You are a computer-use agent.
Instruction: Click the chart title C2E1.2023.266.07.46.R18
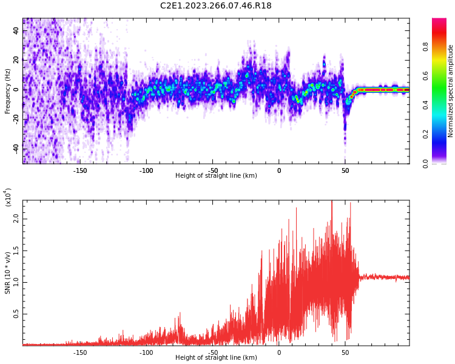coord(216,6)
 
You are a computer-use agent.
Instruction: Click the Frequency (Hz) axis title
coord(8,91)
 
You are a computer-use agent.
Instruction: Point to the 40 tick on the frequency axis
coord(16,30)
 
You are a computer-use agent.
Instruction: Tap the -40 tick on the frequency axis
coord(16,148)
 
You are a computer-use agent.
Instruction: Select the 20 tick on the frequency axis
coord(16,60)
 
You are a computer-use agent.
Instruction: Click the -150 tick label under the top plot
coord(80,170)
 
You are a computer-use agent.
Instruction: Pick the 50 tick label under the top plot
coord(345,170)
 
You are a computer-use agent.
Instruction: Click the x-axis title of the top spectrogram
coord(216,176)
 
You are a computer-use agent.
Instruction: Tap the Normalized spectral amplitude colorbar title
coord(451,91)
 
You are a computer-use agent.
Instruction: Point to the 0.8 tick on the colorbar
coord(442,46)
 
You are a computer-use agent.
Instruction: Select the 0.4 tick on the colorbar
coord(442,105)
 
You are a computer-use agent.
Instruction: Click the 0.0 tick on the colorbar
coord(442,163)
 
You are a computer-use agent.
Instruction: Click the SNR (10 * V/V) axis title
coord(8,272)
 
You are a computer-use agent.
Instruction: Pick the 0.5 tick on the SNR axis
coord(16,314)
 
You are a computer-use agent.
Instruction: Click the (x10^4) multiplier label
coord(8,198)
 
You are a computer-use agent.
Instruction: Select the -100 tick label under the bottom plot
coord(146,352)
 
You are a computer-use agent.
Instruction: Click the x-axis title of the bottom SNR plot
coord(216,358)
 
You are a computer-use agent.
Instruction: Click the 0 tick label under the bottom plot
coord(279,352)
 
